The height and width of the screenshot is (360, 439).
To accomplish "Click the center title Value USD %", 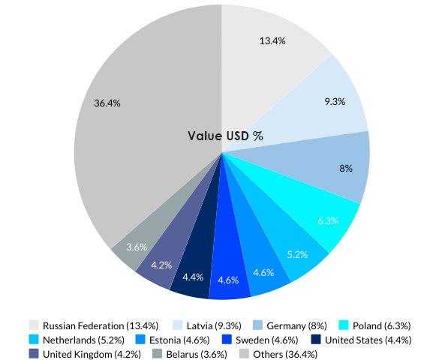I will (x=225, y=136).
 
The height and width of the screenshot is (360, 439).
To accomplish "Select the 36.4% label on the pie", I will (x=108, y=103).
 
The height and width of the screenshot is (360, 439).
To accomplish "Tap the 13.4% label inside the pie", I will (x=272, y=41).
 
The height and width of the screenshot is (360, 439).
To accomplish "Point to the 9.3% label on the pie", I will (x=335, y=100).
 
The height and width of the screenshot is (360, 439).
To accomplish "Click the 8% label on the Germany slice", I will (x=346, y=169).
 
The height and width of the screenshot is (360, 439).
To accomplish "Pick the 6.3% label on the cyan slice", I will (x=328, y=220).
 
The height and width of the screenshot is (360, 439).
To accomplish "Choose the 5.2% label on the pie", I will (x=297, y=254).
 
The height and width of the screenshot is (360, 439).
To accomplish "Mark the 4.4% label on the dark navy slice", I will (x=193, y=277).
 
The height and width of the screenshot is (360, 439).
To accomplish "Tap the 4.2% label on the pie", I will (x=161, y=265).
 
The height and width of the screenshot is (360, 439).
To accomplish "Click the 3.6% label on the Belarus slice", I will (x=137, y=246).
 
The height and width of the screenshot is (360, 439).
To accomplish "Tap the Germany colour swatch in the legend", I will (x=257, y=325).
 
